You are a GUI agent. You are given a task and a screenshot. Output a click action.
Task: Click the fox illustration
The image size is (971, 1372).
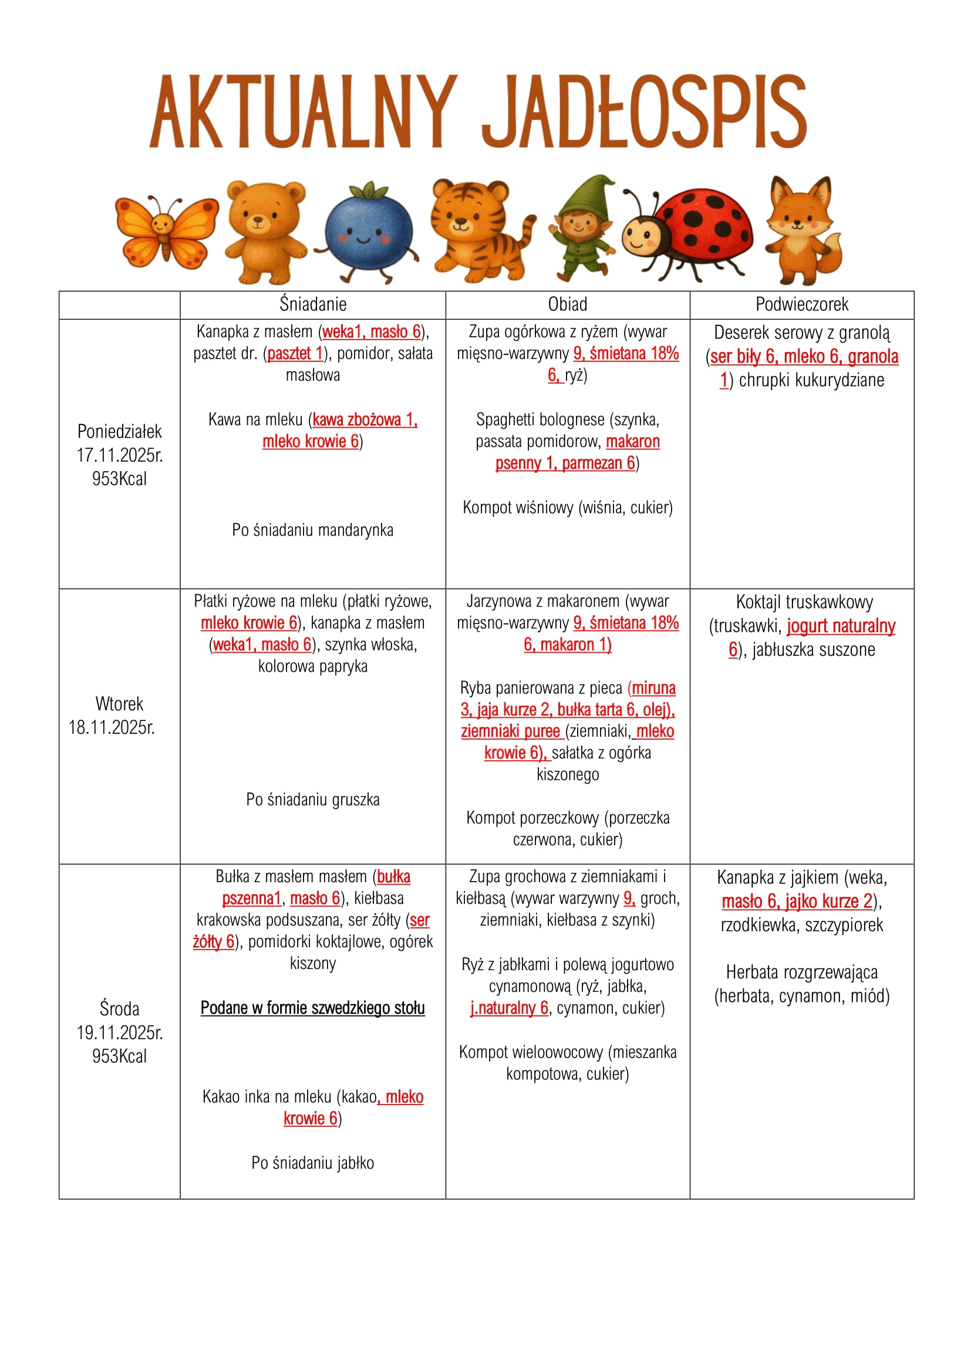click(803, 229)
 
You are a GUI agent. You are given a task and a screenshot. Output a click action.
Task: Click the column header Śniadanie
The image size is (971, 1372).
click(313, 305)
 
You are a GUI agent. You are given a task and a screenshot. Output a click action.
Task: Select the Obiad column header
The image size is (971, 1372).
click(568, 305)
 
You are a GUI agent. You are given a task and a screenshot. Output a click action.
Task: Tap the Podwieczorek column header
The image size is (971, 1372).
click(802, 305)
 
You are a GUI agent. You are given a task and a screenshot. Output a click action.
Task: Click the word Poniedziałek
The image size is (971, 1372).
click(120, 432)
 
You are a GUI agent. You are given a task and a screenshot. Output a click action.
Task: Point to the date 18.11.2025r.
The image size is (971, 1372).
click(112, 727)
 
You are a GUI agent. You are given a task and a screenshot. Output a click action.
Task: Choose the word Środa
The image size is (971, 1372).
click(120, 1009)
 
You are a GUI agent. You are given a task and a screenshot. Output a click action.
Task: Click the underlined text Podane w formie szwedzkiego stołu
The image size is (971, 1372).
click(313, 1008)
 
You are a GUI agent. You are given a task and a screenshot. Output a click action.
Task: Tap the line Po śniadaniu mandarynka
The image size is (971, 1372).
click(313, 530)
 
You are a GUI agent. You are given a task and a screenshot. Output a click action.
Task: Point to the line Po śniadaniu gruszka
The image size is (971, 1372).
click(313, 800)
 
